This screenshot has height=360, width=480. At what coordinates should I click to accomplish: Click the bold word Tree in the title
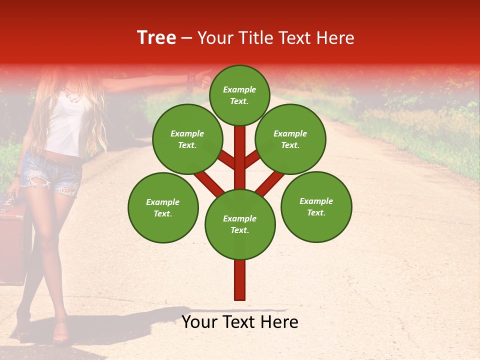156,38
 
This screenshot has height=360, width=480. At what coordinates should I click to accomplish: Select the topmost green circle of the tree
239,95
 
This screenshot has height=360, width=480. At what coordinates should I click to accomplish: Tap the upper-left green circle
187,139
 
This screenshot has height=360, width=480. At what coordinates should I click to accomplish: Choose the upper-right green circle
290,139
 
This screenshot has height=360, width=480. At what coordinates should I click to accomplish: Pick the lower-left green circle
163,207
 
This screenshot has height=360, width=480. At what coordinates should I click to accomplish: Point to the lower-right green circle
316,206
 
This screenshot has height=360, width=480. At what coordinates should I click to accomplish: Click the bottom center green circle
240,224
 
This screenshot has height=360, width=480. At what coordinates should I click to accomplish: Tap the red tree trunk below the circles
240,280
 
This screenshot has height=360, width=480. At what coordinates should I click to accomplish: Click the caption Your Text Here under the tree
240,322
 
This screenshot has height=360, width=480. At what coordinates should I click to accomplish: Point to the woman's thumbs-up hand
204,78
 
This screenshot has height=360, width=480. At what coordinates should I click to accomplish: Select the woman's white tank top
67,125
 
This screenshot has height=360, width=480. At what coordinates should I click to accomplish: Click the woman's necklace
72,95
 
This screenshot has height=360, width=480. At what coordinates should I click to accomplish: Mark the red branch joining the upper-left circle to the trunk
225,159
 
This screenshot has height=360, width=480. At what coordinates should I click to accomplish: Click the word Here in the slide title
335,38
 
